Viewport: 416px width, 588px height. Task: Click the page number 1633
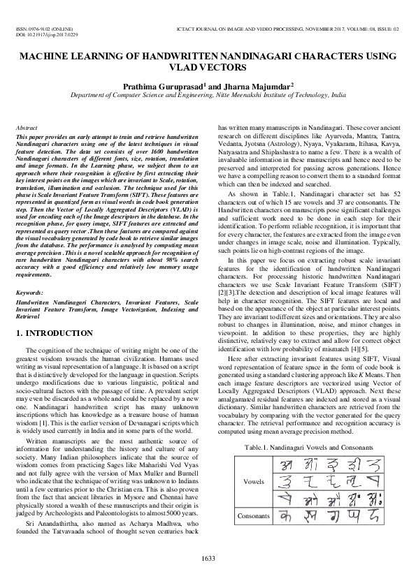click(208, 557)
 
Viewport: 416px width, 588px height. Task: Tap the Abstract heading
click(27, 128)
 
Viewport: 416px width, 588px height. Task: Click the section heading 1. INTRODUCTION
click(59, 333)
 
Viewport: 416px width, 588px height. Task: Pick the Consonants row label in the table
click(253, 516)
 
